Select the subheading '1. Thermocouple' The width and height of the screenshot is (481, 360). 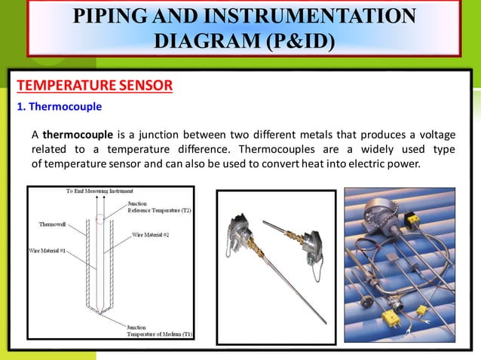[60, 106]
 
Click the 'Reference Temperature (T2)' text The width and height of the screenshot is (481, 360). [160, 210]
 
